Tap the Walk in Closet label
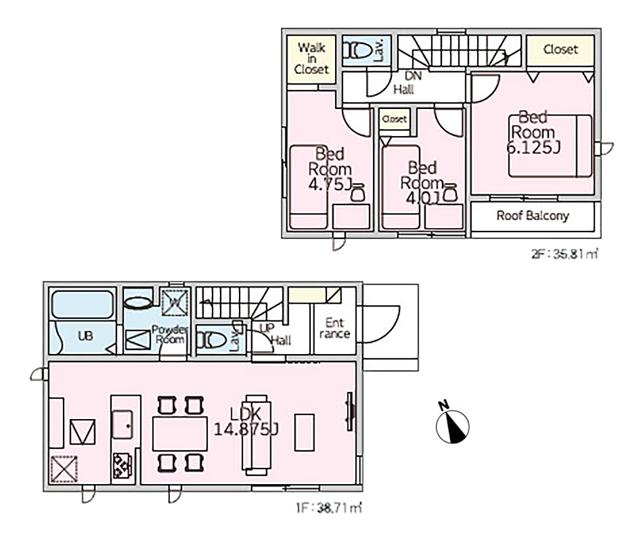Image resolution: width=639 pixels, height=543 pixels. (311, 58)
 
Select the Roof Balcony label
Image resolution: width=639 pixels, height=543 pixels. (533, 217)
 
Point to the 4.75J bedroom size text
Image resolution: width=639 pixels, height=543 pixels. (330, 184)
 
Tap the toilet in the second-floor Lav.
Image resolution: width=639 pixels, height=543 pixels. (359, 50)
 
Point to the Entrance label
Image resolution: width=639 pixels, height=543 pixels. (334, 328)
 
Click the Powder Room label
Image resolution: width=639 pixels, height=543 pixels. (169, 334)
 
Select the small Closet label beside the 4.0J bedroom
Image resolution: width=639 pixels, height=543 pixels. (394, 119)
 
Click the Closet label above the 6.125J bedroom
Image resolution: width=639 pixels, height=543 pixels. (560, 49)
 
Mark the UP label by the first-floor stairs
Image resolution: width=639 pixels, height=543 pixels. (267, 328)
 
